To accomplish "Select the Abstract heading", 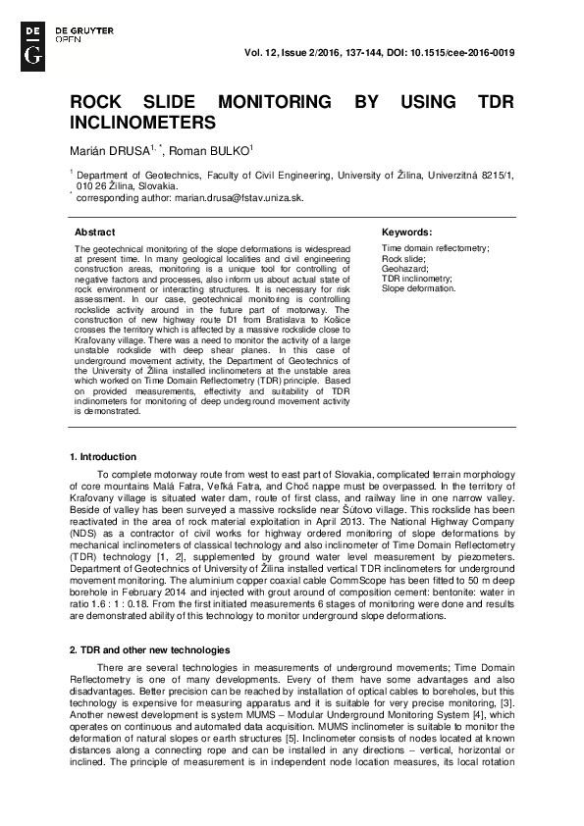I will click(x=95, y=232).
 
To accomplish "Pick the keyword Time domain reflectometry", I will click(x=434, y=250).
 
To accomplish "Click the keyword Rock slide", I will click(x=402, y=260).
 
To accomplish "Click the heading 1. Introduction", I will click(x=103, y=457).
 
